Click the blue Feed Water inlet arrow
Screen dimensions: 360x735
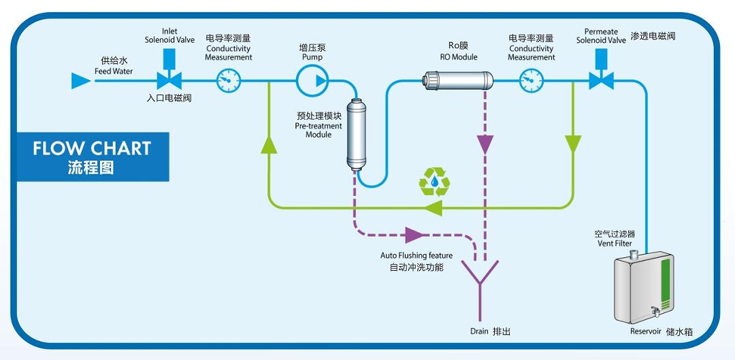pos(80,82)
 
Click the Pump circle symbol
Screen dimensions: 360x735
pos(312,82)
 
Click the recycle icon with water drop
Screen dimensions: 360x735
pos(434,182)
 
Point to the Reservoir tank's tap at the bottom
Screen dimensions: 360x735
pos(655,310)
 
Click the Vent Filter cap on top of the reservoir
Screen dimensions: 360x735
pos(633,255)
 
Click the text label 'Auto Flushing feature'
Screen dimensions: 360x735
pos(416,256)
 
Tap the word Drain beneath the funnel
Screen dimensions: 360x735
pos(479,331)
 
